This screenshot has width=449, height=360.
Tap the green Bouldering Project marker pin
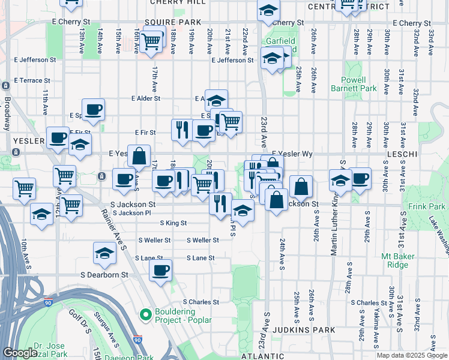(145, 314)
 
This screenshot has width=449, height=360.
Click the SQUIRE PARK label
(172, 22)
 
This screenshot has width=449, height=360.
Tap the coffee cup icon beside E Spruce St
(93, 110)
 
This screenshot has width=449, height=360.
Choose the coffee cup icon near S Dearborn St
(160, 271)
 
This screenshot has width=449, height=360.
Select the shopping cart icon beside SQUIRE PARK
(152, 41)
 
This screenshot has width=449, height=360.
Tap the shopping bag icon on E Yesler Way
(139, 156)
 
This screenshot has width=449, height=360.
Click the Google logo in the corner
(20, 353)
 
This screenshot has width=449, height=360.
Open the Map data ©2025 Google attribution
(412, 355)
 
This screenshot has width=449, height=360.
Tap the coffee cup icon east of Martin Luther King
(360, 178)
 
